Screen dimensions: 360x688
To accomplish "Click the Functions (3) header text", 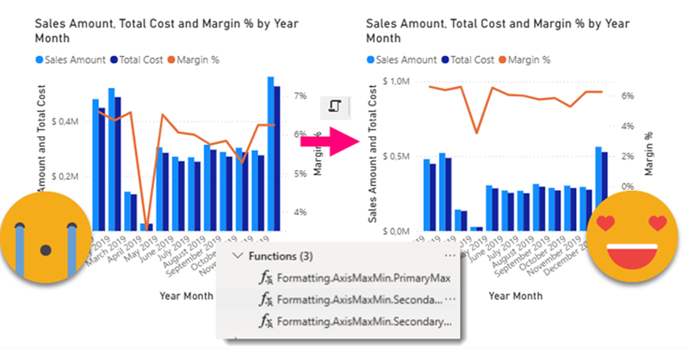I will (x=283, y=256).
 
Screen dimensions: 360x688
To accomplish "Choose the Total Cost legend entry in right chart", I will (x=470, y=60).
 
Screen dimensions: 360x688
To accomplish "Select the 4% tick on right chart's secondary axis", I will (x=627, y=127).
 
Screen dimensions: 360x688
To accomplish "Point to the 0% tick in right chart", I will (x=627, y=185).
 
